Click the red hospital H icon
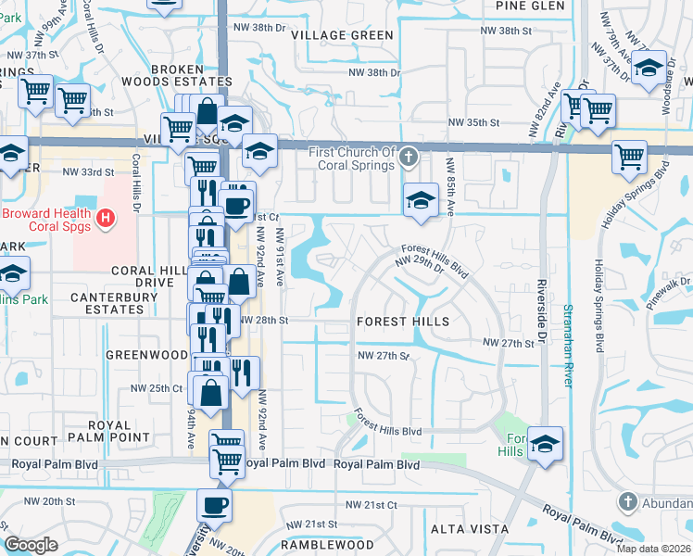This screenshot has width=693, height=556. pyautogui.click(x=107, y=219)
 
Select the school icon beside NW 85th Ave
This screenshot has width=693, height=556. pyautogui.click(x=420, y=200)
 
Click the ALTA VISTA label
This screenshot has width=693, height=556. pyautogui.click(x=469, y=529)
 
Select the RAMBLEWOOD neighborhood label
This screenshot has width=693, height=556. pyautogui.click(x=328, y=546)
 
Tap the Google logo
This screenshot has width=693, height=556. pyautogui.click(x=31, y=545)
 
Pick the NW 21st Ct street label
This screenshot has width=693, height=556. pyautogui.click(x=372, y=505)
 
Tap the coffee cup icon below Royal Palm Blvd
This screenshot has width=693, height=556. pyautogui.click(x=215, y=506)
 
